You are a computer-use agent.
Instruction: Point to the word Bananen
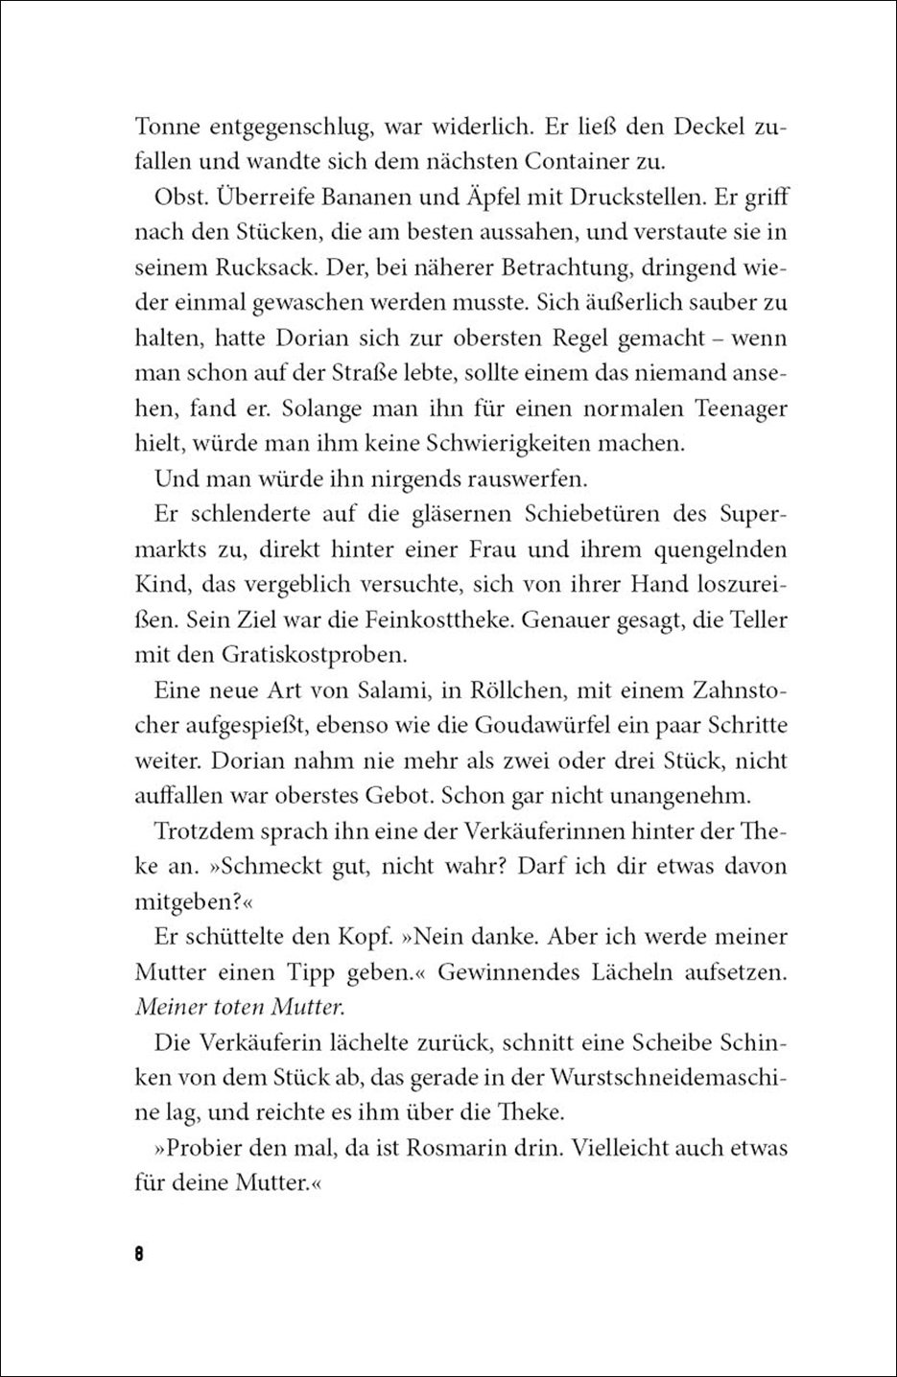point(385,198)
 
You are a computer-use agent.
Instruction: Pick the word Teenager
point(734,408)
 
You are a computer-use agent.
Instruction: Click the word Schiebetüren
point(584,514)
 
